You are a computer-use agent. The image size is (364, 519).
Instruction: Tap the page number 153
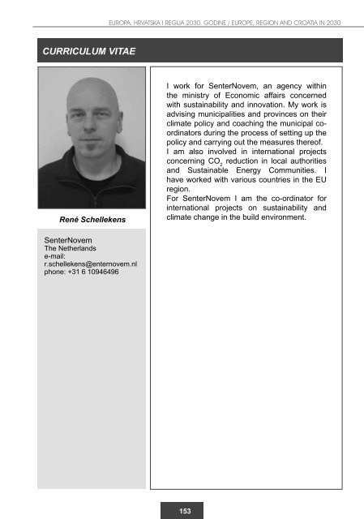pyautogui.click(x=186, y=510)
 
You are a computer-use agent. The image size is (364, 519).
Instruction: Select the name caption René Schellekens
pyautogui.click(x=93, y=220)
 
